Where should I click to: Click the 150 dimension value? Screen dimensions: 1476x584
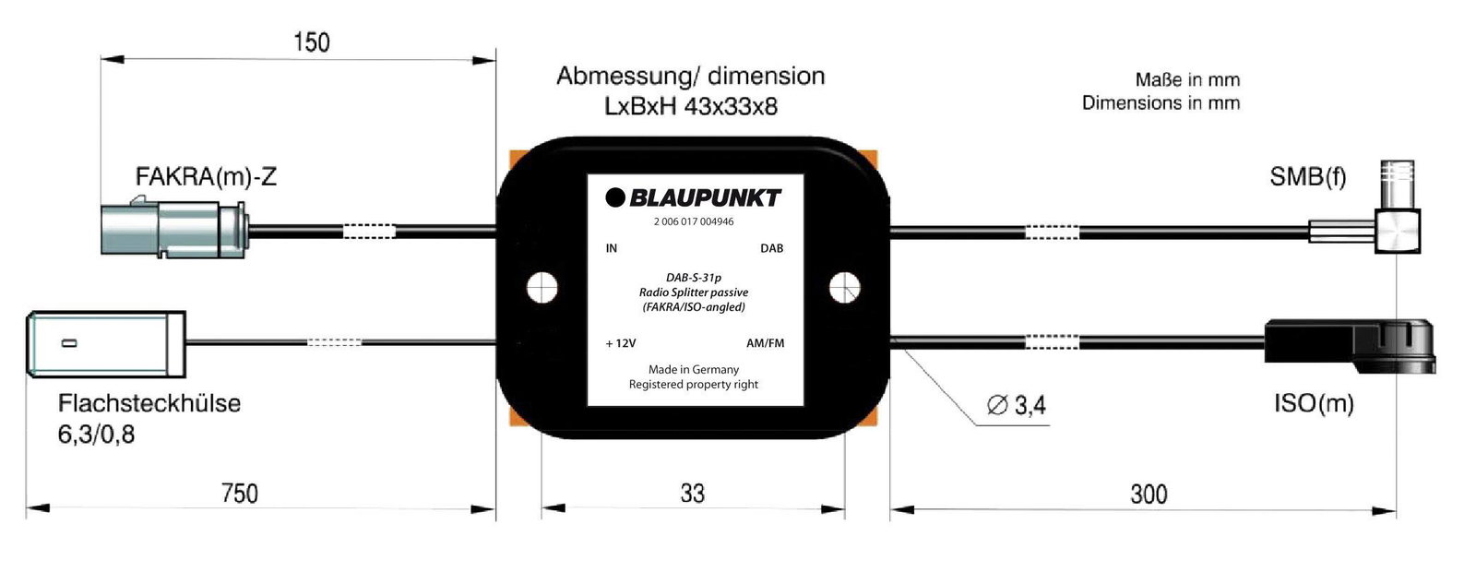pyautogui.click(x=312, y=42)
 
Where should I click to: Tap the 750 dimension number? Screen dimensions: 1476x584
pyautogui.click(x=240, y=494)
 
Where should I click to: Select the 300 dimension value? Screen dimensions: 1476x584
pyautogui.click(x=1149, y=495)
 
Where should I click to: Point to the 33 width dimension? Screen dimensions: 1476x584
pyautogui.click(x=693, y=494)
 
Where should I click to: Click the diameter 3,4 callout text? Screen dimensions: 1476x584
pyautogui.click(x=1017, y=405)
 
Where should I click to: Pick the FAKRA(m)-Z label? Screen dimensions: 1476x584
pyautogui.click(x=206, y=176)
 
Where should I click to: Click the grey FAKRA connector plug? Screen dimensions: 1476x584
pyautogui.click(x=174, y=227)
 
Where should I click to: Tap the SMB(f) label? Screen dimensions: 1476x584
pyautogui.click(x=1308, y=176)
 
